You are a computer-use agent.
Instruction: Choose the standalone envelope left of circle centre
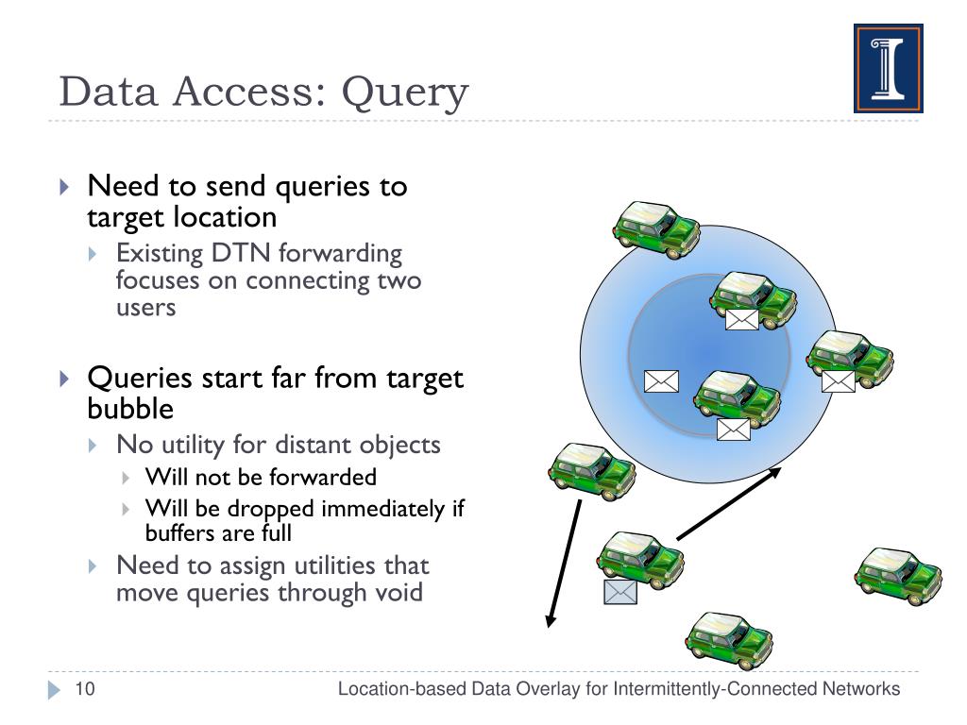661,380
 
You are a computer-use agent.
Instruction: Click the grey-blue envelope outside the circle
619,592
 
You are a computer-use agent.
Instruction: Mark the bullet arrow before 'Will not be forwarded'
127,477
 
